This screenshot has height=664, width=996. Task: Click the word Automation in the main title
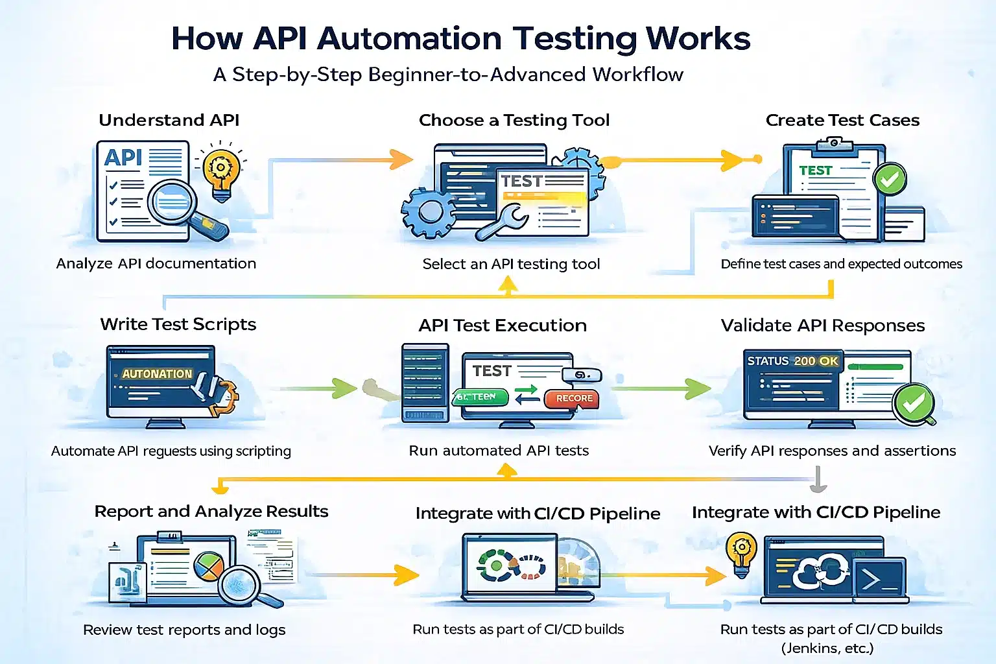409,39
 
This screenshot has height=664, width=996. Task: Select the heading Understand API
169,120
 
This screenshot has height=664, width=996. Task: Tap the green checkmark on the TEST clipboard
890,178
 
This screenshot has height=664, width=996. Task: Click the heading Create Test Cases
842,120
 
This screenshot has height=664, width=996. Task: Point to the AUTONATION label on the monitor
157,374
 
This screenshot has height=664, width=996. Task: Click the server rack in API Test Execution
425,383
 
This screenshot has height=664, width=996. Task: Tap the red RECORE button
573,398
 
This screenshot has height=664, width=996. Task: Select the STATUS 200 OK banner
792,361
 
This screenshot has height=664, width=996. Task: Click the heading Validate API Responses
822,325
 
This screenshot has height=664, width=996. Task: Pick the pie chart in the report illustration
209,565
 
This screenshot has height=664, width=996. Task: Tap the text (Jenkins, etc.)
827,648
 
